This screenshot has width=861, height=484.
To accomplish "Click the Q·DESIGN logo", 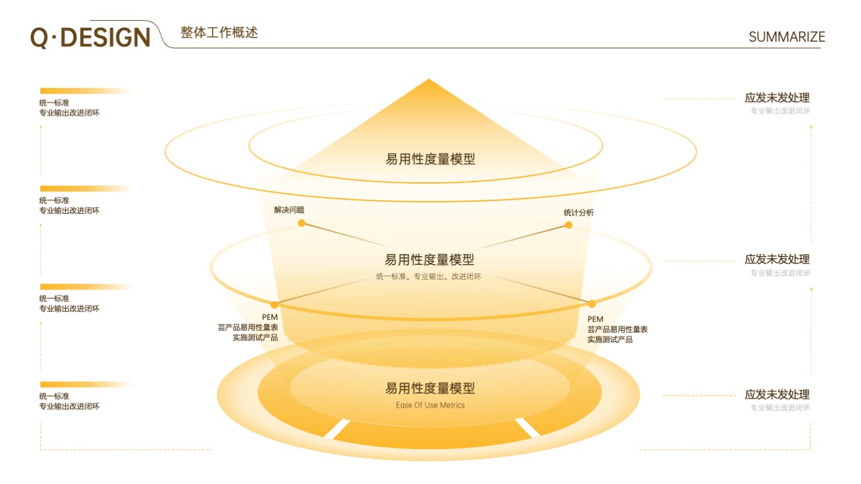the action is point(90,38).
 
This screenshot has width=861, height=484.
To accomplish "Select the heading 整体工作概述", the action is point(219,33).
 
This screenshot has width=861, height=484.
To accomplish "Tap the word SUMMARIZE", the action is point(786,37).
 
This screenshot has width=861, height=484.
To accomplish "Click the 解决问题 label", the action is point(289,210).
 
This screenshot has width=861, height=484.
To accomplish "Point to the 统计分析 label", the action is point(578,212).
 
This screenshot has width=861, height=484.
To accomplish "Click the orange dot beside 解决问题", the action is point(302,223).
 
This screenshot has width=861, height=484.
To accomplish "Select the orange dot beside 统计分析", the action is point(568,225).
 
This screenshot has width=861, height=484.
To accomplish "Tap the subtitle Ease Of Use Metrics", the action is point(430,405).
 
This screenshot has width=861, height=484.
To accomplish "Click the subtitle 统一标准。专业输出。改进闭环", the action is point(428,276).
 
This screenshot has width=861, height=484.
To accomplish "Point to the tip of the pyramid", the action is point(428,79).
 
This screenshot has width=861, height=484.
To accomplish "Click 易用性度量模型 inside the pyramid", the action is point(430,159).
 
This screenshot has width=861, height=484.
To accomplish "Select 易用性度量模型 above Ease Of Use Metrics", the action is point(430,389).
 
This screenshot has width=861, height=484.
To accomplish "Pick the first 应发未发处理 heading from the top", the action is point(777,97).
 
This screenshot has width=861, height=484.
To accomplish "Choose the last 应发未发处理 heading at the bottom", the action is point(777,395).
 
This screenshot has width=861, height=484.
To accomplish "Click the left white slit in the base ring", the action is point(337,429).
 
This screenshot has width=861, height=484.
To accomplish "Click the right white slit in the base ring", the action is point(527,428).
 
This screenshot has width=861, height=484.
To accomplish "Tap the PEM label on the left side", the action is point(270,317).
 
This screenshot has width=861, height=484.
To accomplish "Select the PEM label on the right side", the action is point(595,319).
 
